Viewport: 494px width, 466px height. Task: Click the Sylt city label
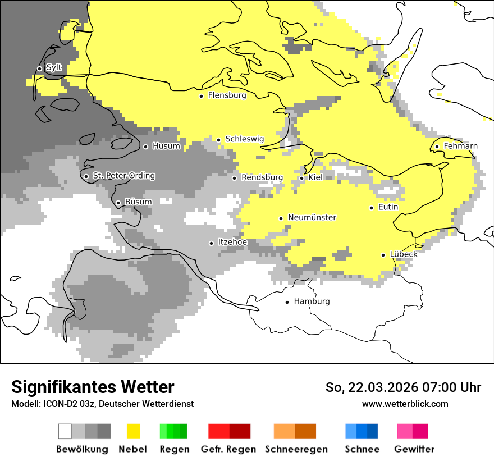tap(54, 68)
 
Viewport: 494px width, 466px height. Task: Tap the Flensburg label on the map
tap(227, 95)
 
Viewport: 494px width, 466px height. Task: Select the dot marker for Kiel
tap(301, 178)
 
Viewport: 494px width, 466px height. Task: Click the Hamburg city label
tap(312, 301)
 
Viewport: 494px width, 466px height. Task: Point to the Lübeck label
tap(403, 254)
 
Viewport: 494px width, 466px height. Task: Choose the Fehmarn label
tap(460, 146)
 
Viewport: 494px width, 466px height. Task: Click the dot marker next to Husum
tap(145, 147)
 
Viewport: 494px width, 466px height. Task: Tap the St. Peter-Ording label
tap(124, 176)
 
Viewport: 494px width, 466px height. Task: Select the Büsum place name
tap(138, 202)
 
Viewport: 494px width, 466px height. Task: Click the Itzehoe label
tap(232, 242)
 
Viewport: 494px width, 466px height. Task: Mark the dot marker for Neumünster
tap(281, 218)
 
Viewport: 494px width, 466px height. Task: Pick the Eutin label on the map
tap(388, 207)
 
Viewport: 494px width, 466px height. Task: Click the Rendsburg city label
tap(262, 177)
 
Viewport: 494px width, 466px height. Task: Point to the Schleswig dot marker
tap(218, 140)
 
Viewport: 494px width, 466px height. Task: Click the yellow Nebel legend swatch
tap(133, 431)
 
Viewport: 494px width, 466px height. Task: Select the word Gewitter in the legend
tap(414, 449)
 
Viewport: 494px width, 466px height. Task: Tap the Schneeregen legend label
tap(296, 449)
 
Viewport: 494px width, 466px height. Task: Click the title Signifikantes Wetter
tap(93, 387)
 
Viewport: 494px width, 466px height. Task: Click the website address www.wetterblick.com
tap(405, 404)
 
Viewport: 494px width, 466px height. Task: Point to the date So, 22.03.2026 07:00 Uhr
tap(403, 387)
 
